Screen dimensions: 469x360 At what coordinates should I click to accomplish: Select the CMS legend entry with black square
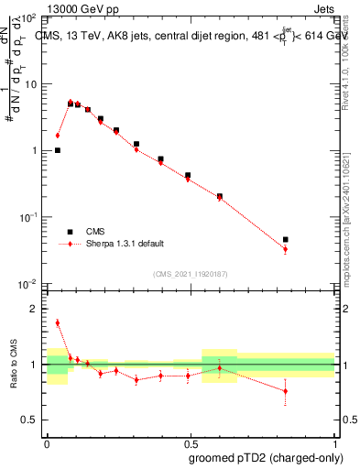[x=86, y=232]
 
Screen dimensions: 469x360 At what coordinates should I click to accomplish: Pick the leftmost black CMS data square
[x=58, y=150]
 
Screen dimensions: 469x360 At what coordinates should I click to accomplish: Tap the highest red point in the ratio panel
[x=58, y=322]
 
